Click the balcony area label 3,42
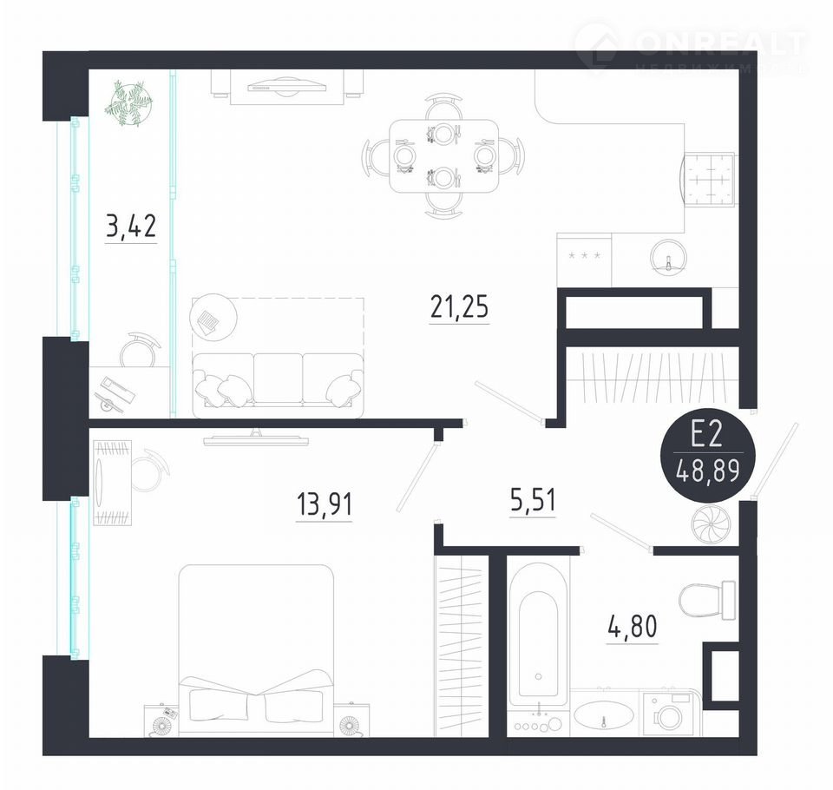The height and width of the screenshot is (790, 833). coord(131,227)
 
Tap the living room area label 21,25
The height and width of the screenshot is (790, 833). coord(459,306)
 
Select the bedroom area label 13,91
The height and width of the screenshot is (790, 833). coord(324,504)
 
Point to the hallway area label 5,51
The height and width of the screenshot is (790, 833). coord(533,500)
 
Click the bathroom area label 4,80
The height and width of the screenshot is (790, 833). coord(633,626)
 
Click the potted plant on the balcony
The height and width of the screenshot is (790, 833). coord(129,103)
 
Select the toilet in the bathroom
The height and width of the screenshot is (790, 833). coord(707,600)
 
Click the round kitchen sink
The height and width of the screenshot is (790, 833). coord(669,256)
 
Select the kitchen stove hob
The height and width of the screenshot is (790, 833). coord(710,179)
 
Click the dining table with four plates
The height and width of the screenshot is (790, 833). coord(443,155)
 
